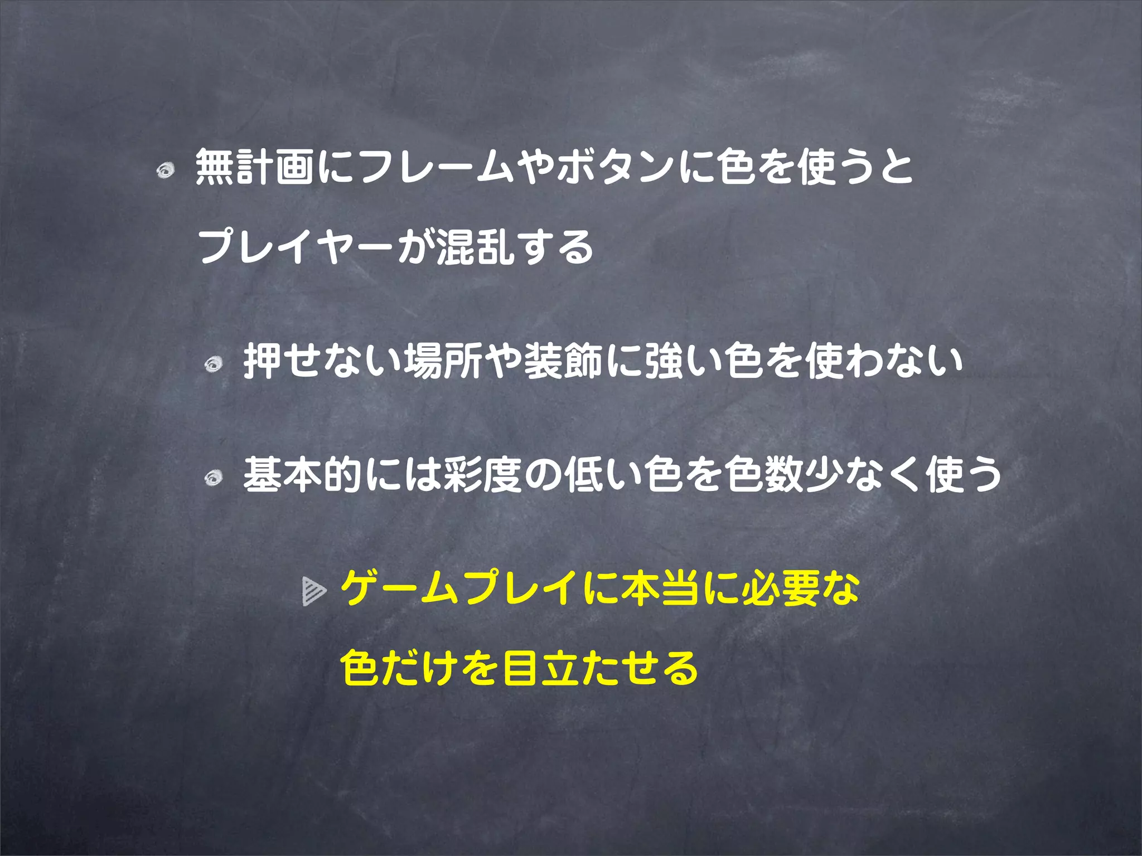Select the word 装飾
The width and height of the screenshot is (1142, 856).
pyautogui.click(x=564, y=361)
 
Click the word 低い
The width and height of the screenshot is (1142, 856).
pyautogui.click(x=604, y=475)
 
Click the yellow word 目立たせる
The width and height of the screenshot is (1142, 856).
pyautogui.click(x=600, y=668)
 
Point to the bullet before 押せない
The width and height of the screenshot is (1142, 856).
pyautogui.click(x=213, y=365)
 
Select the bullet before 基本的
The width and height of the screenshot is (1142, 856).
pyautogui.click(x=213, y=478)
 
